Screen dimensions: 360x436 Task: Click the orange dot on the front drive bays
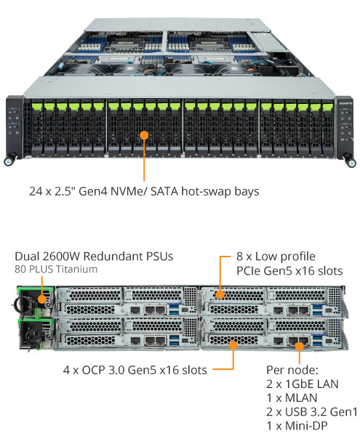144,135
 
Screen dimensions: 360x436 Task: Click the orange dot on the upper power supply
42,299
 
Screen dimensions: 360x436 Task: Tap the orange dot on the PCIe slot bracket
220,294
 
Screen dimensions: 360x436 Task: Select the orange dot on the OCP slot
233,345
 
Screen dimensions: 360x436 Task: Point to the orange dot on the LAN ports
300,347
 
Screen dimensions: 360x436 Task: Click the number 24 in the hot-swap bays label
36,192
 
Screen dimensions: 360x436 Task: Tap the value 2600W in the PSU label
61,257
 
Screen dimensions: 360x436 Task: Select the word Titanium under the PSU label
76,269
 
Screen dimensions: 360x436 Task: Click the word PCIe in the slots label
248,271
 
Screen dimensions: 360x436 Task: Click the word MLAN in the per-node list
301,398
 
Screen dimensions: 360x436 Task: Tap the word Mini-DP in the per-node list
306,426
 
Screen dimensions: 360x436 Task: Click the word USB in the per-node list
296,412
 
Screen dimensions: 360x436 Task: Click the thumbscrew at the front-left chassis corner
9,161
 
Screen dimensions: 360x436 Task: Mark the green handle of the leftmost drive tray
36,106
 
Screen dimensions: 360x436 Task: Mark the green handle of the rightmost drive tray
328,107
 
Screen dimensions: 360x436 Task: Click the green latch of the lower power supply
35,321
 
